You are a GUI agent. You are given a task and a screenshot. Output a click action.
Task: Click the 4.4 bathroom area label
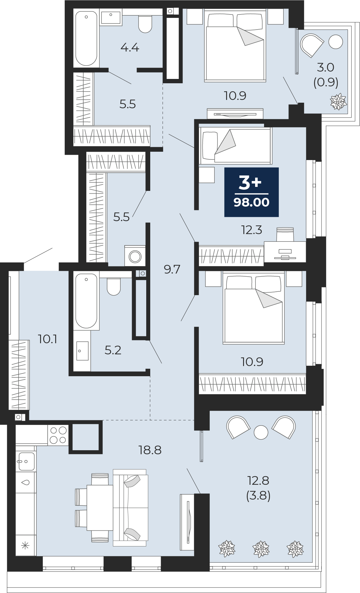(130, 47)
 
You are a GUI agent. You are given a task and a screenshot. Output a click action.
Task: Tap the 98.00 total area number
(251, 202)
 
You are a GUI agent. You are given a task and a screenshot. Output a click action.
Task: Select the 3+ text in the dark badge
(250, 183)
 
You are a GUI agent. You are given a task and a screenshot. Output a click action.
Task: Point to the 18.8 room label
(150, 450)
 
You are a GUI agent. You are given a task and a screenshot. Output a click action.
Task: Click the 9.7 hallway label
(172, 269)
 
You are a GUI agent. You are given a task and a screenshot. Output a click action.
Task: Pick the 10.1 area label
(48, 339)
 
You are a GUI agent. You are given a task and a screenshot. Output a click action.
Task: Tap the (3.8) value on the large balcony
(258, 496)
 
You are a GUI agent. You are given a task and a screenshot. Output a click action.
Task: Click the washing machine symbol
(135, 256)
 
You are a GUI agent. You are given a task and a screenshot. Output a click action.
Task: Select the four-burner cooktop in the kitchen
(58, 435)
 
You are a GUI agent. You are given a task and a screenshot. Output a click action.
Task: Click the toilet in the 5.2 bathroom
(114, 287)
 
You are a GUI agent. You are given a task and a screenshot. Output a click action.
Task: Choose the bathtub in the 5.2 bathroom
(86, 301)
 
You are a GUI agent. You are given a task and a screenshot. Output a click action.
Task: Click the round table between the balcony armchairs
(261, 432)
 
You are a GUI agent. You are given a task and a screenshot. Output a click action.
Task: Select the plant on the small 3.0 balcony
(338, 102)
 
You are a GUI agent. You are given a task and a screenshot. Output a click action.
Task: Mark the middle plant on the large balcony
(261, 549)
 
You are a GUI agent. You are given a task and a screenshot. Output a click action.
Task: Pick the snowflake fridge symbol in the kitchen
(25, 546)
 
